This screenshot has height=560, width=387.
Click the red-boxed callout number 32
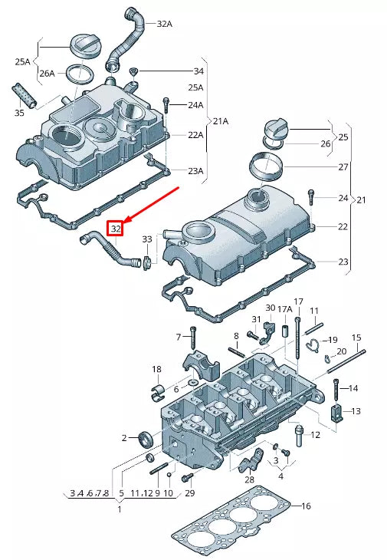pyautogui.click(x=116, y=228)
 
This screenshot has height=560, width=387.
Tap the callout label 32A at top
pyautogui.click(x=164, y=24)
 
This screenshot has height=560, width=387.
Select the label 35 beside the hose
pyautogui.click(x=19, y=114)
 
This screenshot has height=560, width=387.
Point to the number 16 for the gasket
pyautogui.click(x=306, y=506)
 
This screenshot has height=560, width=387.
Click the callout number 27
pyautogui.click(x=343, y=166)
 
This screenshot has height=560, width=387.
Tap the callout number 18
pyautogui.click(x=156, y=370)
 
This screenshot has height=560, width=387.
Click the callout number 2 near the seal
pyautogui.click(x=123, y=438)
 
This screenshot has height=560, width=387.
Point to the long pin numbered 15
pyautogui.click(x=348, y=361)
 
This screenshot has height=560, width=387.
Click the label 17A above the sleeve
pyautogui.click(x=283, y=309)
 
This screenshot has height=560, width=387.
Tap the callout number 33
pyautogui.click(x=146, y=239)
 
